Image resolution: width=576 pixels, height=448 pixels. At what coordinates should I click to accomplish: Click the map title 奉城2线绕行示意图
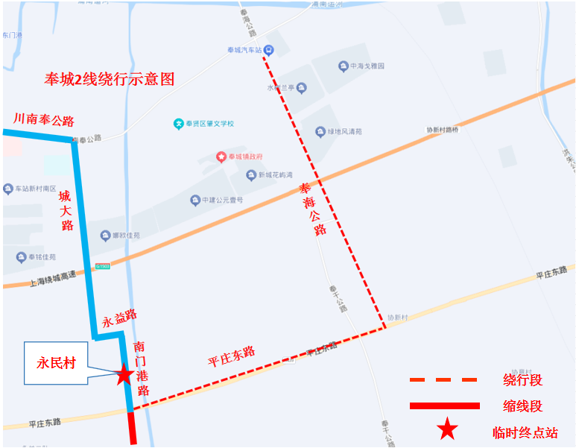tap(110, 79)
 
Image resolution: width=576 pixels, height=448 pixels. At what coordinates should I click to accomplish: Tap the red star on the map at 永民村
tap(124, 374)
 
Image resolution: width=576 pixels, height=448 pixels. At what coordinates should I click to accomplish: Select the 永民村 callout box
tap(56, 364)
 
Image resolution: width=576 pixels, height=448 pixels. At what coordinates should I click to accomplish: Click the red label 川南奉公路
tap(44, 120)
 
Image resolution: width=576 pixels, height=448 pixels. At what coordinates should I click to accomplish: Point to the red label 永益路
tap(120, 319)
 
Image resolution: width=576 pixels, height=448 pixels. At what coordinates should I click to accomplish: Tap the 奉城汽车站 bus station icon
tap(269, 50)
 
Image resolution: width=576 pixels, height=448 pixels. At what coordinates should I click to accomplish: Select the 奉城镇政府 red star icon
tap(221, 157)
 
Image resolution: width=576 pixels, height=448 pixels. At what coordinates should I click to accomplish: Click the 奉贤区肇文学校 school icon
tap(179, 124)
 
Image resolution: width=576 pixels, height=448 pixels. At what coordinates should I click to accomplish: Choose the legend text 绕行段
tap(522, 380)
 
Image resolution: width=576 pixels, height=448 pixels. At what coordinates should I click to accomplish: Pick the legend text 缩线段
tap(522, 406)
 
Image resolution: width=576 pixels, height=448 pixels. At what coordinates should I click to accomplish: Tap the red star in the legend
tap(447, 430)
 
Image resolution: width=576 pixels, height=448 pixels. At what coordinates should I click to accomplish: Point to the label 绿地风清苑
tap(344, 131)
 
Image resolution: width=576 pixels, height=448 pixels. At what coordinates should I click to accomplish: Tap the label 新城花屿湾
tap(279, 175)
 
